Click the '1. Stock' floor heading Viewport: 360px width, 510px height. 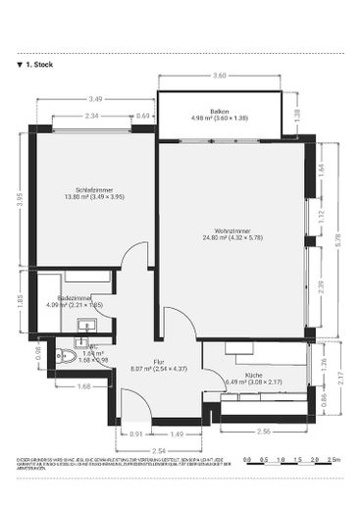tap(35, 65)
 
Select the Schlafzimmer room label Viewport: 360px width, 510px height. tap(94, 189)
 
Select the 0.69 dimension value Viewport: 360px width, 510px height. tap(143, 116)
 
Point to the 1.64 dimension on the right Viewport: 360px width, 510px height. tap(322, 168)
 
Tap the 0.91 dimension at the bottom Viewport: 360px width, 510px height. tap(135, 433)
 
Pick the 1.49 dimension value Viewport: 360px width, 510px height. tap(178, 433)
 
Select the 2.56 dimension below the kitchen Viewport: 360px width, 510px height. tap(263, 433)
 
